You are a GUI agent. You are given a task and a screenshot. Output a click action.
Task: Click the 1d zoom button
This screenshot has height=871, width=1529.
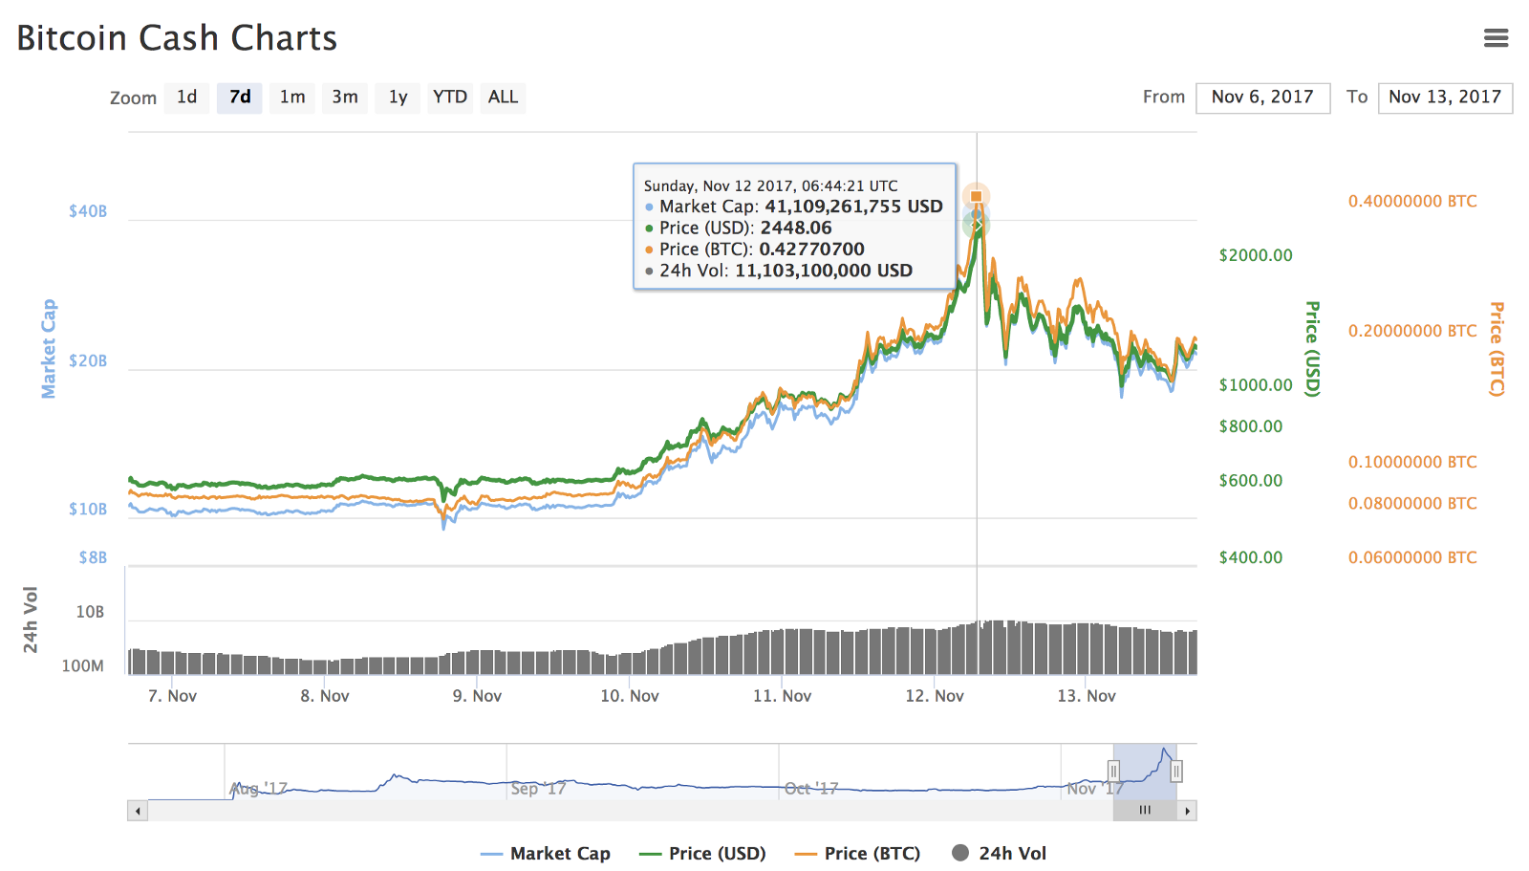point(186,98)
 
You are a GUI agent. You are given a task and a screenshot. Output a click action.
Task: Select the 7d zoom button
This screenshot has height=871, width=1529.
point(240,98)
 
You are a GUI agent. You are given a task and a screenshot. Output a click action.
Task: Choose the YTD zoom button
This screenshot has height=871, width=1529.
point(449,98)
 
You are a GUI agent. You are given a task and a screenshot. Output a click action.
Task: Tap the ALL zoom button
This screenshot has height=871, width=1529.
point(503,98)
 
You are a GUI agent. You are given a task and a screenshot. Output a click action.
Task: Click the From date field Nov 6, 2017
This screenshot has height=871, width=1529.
point(1262,98)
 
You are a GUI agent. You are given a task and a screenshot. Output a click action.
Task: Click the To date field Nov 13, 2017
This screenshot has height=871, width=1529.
point(1445,98)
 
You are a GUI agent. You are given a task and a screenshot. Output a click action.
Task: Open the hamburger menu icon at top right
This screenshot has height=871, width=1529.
point(1496,38)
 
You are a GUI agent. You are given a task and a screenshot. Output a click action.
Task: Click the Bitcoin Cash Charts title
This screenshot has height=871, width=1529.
point(177,38)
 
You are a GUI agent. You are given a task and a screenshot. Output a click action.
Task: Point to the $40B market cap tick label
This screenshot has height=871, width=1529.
point(88,211)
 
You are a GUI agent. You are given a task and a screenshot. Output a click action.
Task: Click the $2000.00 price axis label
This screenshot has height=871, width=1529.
point(1256,255)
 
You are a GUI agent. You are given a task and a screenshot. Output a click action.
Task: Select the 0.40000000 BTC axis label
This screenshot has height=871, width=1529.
point(1412,202)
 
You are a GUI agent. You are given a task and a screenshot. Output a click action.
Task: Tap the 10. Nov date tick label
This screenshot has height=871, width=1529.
point(630,696)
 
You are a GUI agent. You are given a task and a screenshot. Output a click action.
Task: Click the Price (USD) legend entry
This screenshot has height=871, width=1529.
point(703,854)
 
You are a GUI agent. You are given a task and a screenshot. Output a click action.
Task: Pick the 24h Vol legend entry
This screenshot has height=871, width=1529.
point(1000,854)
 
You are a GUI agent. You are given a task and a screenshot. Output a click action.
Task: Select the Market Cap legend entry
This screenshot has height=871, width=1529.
point(546,854)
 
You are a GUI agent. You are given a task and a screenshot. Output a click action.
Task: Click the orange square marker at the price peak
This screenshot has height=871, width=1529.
point(976,197)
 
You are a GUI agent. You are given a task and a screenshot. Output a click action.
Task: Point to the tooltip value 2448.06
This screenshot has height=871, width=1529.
point(796,229)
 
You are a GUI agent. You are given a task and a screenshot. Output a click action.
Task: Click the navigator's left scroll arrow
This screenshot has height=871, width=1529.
point(139,811)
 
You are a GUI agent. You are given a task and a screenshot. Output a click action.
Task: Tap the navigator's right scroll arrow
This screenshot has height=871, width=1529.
point(1187,811)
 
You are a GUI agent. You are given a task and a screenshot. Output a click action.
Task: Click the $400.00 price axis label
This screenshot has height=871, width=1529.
point(1251,557)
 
